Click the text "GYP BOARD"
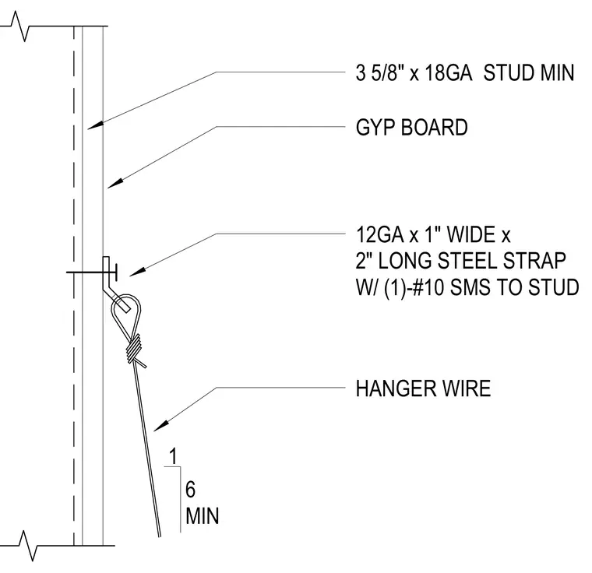coord(411,127)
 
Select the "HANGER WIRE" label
coord(423,388)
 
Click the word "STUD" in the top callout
coord(508,72)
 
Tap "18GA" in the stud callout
coord(448,72)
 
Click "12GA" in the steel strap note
coord(379,234)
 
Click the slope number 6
coord(191,490)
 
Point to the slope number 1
coord(173,456)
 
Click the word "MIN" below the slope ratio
coord(203,516)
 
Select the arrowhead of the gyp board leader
coord(115,183)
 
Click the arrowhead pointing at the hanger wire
coord(161,426)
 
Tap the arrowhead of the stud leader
coord(96,125)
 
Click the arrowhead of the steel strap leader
coord(137,272)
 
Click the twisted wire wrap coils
coord(134,349)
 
